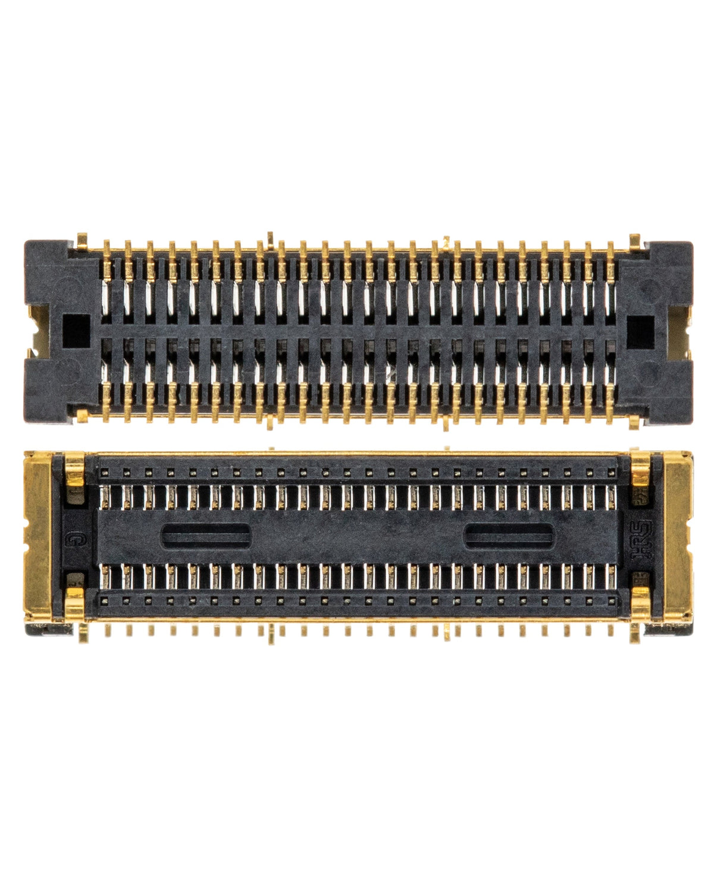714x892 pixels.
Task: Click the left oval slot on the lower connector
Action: point(206,536)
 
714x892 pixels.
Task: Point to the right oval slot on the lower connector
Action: point(509,536)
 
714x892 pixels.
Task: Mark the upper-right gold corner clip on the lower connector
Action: point(641,468)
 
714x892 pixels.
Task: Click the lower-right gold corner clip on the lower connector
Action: point(641,604)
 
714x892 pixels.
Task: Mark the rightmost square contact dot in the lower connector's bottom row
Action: point(611,601)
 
